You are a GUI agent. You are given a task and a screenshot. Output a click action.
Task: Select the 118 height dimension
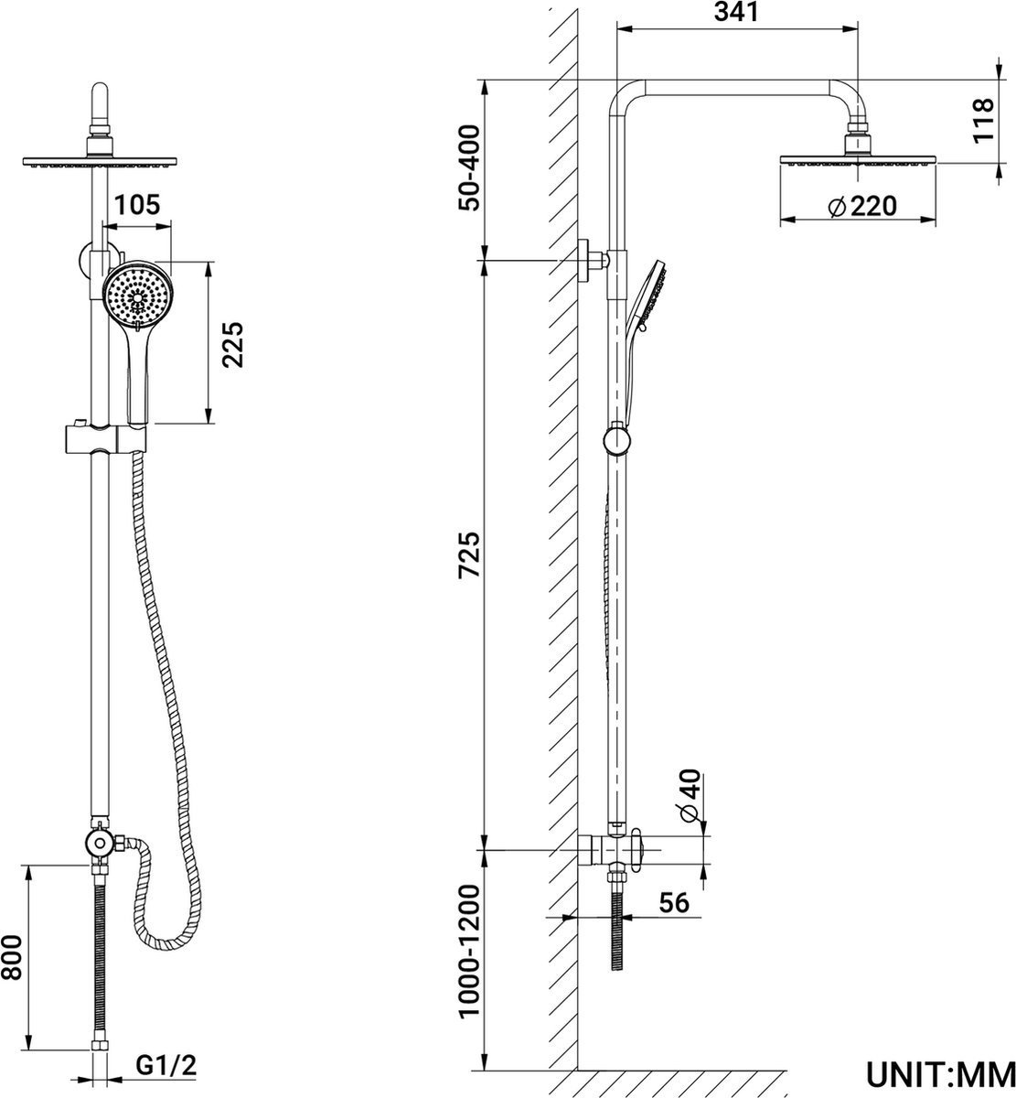tap(981, 119)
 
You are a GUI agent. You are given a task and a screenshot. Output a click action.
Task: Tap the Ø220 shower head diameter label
tap(861, 206)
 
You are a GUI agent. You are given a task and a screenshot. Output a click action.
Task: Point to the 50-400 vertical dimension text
tap(468, 167)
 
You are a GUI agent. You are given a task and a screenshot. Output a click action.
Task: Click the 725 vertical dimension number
tap(468, 554)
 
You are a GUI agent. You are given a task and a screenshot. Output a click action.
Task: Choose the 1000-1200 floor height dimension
tap(468, 951)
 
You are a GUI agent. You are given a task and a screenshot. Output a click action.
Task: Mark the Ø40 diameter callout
tap(689, 795)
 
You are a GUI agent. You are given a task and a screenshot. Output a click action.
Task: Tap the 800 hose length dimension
tap(12, 956)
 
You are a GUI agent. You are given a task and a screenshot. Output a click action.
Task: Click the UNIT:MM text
tap(941, 1071)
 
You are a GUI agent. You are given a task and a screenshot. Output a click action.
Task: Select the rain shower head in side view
tap(859, 157)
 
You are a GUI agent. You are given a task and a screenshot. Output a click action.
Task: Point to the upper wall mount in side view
tap(591, 260)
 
